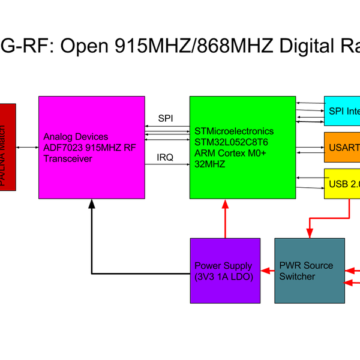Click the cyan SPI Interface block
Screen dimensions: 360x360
click(342, 111)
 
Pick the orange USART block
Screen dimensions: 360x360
click(342, 147)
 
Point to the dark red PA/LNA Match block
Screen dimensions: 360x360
click(8, 147)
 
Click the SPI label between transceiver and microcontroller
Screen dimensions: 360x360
click(166, 118)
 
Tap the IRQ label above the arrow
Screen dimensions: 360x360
click(166, 157)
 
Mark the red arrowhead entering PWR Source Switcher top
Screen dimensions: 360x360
click(310, 233)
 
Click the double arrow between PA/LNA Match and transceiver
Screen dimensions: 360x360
click(27, 147)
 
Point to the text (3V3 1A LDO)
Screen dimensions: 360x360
click(224, 277)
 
